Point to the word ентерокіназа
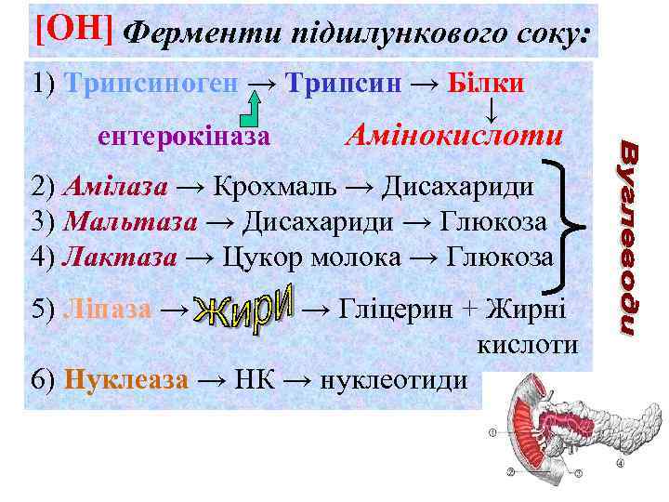click(x=184, y=138)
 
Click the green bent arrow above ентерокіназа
click(x=250, y=108)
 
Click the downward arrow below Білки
click(x=490, y=110)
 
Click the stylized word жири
click(x=246, y=306)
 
